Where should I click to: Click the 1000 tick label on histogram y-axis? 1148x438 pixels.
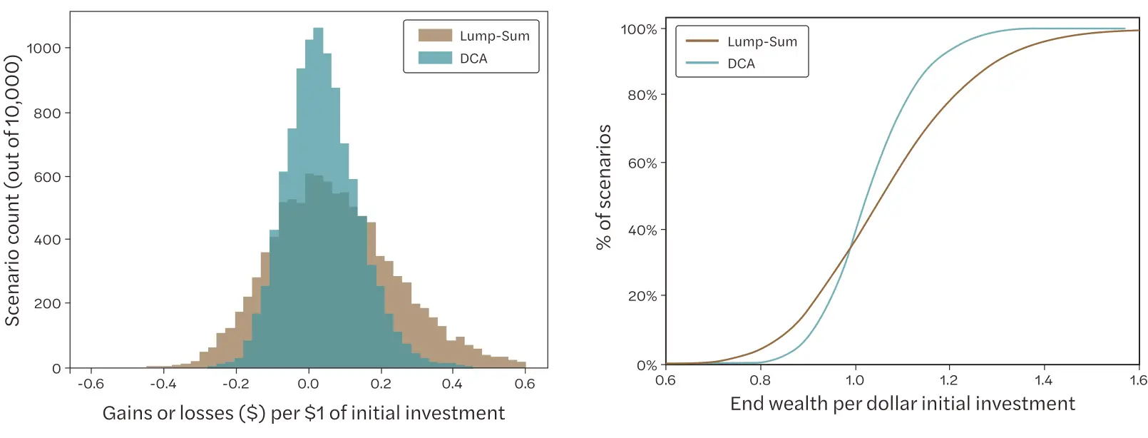tap(43, 49)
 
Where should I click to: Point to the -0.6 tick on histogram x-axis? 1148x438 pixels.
tap(91, 384)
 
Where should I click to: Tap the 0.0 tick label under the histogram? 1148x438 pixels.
tap(308, 384)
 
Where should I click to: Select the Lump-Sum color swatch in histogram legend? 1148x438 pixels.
tap(435, 36)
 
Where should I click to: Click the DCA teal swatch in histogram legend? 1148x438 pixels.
tap(435, 58)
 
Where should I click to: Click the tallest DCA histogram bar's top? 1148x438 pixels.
tap(318, 29)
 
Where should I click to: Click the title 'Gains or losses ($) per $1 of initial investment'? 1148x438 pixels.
tap(304, 413)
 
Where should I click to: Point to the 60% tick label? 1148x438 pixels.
tap(642, 163)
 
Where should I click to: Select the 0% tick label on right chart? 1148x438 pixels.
tap(646, 365)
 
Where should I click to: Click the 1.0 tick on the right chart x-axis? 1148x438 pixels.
tap(854, 380)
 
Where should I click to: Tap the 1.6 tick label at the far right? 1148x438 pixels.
tap(1138, 380)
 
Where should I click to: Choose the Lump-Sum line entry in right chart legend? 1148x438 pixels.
tap(742, 41)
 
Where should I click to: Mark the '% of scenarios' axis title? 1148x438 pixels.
tap(604, 187)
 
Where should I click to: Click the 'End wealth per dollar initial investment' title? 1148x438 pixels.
tap(902, 404)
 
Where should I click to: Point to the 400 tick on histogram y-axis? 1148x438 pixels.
tap(47, 240)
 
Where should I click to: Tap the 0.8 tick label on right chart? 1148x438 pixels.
tap(760, 380)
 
